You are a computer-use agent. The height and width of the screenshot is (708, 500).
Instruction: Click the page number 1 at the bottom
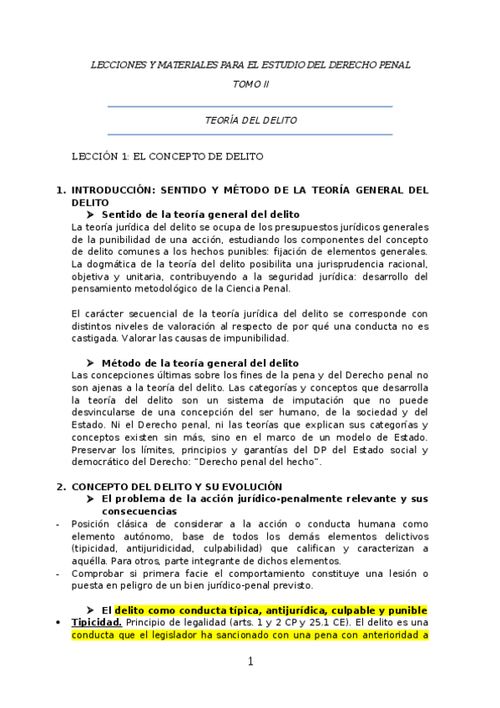tap(250, 662)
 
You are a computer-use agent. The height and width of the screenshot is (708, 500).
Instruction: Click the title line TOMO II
tap(250, 84)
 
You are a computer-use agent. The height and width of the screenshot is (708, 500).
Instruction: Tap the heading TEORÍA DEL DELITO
tap(250, 120)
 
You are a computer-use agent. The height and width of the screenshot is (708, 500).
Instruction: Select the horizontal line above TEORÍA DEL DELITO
tap(250, 107)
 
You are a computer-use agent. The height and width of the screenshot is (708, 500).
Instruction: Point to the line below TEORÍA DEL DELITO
tap(250, 134)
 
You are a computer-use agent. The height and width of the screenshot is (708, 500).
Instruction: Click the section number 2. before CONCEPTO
tap(60, 487)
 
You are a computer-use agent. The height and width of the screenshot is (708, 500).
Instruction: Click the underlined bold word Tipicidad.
tap(97, 623)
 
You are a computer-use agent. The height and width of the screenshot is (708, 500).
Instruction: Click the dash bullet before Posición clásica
tap(55, 523)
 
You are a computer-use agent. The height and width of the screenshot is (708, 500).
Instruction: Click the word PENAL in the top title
tap(391, 65)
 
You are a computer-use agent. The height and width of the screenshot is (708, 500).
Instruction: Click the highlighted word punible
tap(407, 610)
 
